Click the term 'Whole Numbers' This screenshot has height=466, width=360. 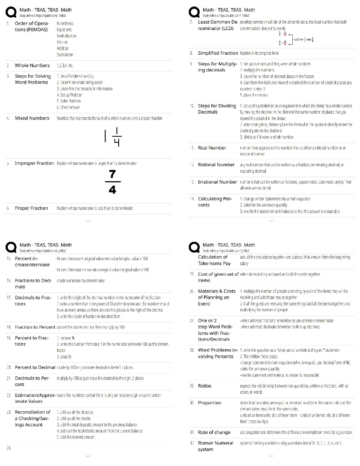click(x=32, y=66)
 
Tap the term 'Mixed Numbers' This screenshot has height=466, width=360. click(x=32, y=118)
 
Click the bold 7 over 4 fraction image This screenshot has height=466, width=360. click(x=112, y=182)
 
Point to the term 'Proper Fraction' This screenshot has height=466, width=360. click(x=31, y=208)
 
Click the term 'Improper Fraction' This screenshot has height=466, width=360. click(x=34, y=163)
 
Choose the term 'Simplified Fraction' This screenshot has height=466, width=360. click(x=218, y=53)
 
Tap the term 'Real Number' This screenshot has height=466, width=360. click(x=212, y=148)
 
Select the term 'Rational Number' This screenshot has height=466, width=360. click(x=216, y=165)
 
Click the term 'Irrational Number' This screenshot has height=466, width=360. click(x=217, y=182)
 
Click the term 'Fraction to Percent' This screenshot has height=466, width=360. click(x=35, y=327)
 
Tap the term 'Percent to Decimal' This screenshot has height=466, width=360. click(x=35, y=367)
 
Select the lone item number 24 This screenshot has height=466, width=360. click(x=9, y=448)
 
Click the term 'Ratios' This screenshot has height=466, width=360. click(x=204, y=386)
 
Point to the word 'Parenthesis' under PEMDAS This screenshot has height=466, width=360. click(x=65, y=24)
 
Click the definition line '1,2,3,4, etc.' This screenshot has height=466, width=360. click(x=65, y=66)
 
